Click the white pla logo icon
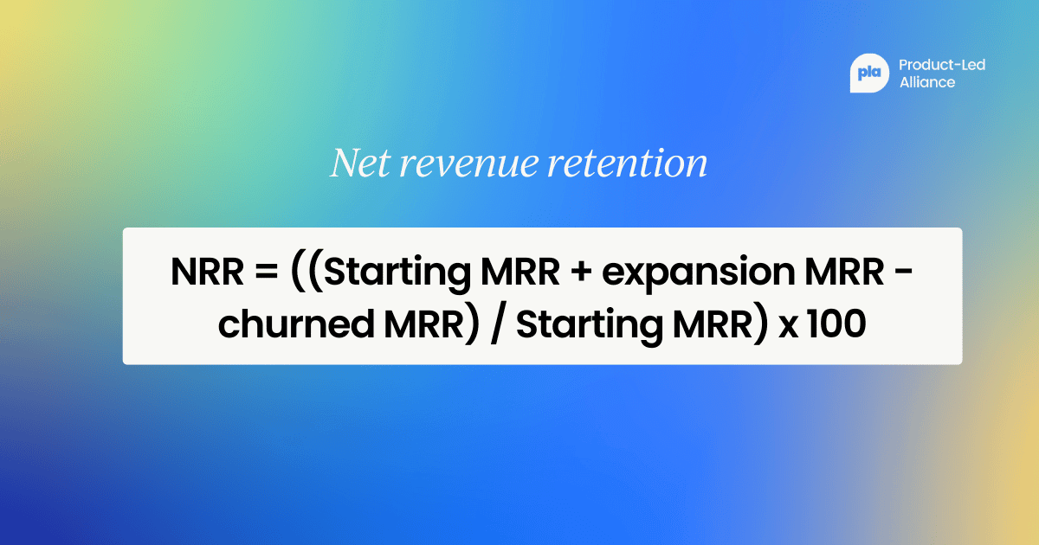(x=869, y=74)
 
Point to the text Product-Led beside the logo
(x=942, y=65)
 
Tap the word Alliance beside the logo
(x=927, y=83)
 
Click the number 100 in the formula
(x=836, y=324)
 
